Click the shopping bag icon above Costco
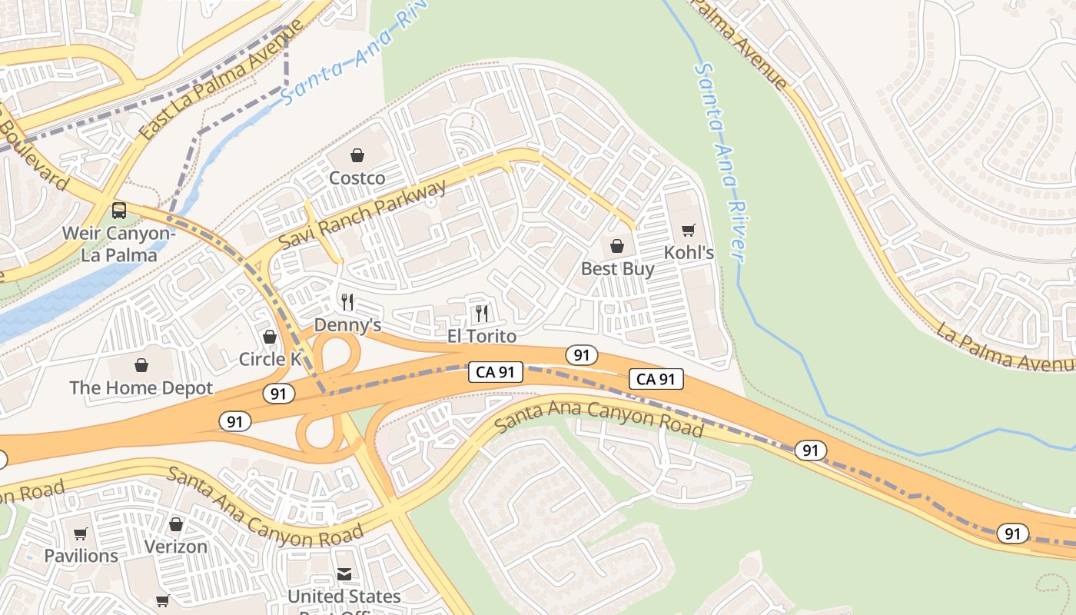pos(357,156)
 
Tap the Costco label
pos(357,178)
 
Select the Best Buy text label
pos(617,269)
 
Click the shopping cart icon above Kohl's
pos(689,231)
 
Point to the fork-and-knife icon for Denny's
pos(347,301)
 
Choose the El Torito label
pos(482,337)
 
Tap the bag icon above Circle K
pos(270,337)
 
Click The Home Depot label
pos(141,388)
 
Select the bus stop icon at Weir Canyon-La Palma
pos(119,210)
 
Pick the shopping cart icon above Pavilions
pos(81,534)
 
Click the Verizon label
pos(176,547)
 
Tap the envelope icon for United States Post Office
pos(344,574)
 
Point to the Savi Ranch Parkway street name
pos(362,214)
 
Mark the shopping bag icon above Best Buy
pos(617,246)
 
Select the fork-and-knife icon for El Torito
pos(482,313)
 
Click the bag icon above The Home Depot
pos(141,365)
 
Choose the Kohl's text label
pos(689,253)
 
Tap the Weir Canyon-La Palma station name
pos(119,244)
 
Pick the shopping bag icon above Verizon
pos(176,524)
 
